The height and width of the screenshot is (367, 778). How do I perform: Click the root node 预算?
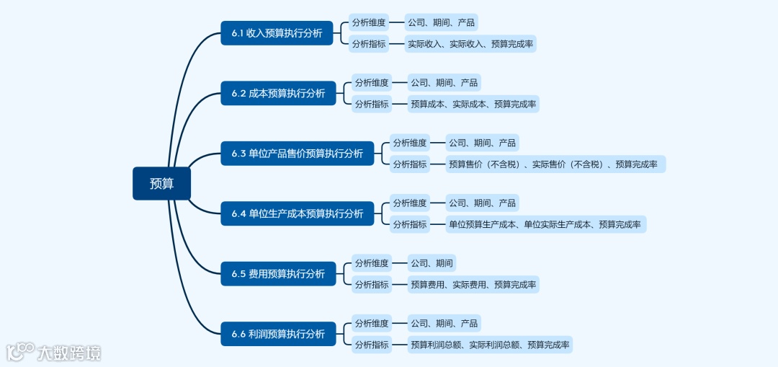161,183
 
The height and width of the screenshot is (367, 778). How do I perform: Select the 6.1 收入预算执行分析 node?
277,33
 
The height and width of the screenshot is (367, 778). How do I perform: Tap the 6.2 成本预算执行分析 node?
278,93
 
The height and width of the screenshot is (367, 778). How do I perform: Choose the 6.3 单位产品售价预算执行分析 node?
297,154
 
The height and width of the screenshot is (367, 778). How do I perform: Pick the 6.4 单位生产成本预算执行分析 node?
297,213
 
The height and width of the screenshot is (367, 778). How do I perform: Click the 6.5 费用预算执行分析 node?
278,274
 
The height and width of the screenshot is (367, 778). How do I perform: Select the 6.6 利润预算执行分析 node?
278,334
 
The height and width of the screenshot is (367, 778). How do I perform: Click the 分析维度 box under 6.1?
368,22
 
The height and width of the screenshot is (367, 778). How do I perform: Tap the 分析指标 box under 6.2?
372,104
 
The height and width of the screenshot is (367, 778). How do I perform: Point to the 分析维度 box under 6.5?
372,263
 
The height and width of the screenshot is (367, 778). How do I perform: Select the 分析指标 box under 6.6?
372,345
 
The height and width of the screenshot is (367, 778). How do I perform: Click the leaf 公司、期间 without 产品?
432,263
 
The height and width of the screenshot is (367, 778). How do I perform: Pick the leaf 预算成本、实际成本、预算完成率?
473,104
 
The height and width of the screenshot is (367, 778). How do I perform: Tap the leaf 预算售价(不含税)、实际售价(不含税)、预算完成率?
553,164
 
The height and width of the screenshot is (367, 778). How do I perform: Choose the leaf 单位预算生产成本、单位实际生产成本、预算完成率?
545,224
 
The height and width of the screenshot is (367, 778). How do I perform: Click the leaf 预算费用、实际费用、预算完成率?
473,284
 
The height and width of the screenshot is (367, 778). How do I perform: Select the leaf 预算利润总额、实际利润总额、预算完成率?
490,345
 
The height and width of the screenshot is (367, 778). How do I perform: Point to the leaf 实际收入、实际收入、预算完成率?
470,44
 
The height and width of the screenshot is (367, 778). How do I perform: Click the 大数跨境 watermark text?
69,353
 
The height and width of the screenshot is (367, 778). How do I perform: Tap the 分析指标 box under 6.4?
410,224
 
